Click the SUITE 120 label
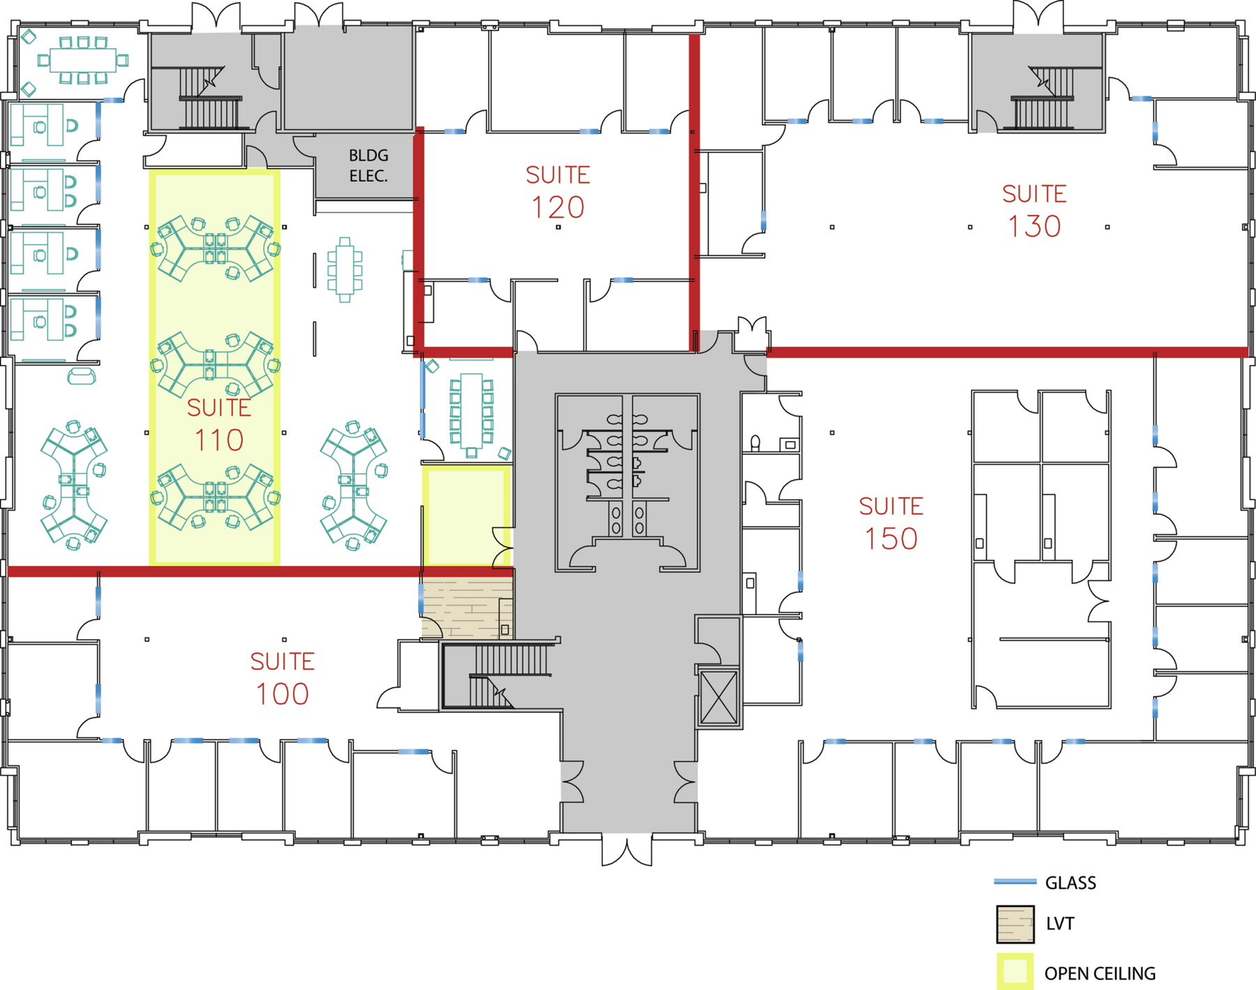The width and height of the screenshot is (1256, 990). coord(558,192)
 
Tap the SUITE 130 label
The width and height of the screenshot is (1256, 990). coord(1034,211)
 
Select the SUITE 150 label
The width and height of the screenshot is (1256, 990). coord(891,523)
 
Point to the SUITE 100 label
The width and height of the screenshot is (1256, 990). coord(283,679)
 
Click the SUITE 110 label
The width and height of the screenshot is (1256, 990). coord(218,425)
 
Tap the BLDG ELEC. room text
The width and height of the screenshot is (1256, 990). coord(368,165)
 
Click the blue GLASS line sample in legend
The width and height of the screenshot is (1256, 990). coord(1015,882)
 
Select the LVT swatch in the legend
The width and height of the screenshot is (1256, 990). coord(1015,924)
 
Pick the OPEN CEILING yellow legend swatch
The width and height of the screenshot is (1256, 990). coord(1015,972)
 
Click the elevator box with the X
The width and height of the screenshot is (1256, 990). coord(719,698)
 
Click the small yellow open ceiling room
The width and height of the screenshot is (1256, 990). coord(466,516)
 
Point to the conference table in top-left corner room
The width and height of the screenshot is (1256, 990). coord(82,60)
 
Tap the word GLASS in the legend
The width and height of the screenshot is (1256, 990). coord(1070,883)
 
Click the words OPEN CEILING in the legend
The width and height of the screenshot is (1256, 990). coord(1100,973)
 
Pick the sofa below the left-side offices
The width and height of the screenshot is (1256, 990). coord(82,376)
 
